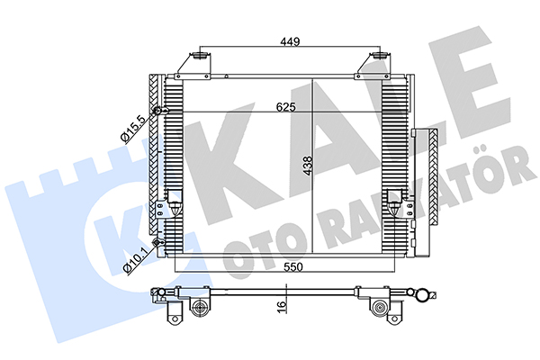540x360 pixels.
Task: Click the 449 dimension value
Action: pyautogui.click(x=290, y=41)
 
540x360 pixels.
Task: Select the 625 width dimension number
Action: pyautogui.click(x=286, y=107)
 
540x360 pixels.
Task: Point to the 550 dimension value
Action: pyautogui.click(x=293, y=267)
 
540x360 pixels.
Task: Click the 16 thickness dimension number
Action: pyautogui.click(x=282, y=304)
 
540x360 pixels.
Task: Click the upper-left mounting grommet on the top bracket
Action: pyautogui.click(x=199, y=55)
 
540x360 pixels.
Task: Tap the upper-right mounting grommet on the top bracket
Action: pyautogui.click(x=378, y=55)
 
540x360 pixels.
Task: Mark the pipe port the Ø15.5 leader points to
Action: pyautogui.click(x=157, y=111)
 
